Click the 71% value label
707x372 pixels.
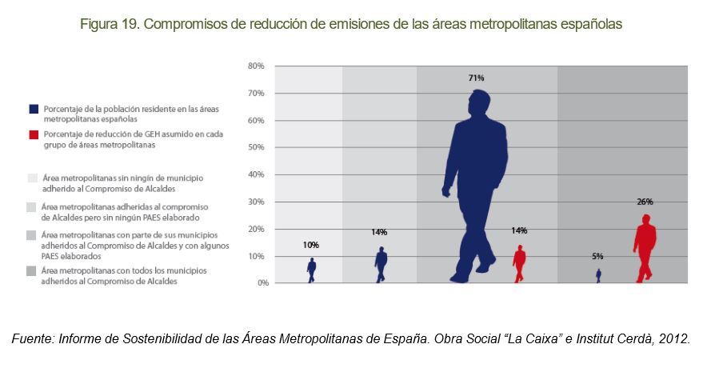pos(476,78)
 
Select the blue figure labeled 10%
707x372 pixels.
pos(311,270)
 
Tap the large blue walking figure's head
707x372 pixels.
pos(479,102)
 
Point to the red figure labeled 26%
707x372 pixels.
pos(645,248)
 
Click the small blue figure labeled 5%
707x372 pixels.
pos(597,275)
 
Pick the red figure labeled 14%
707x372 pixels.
pos(520,263)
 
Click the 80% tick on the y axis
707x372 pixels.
pos(256,66)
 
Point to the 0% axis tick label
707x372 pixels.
pos(258,283)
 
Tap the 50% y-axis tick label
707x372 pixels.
pos(256,147)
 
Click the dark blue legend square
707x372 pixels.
pos(33,109)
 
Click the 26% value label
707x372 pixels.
pos(645,202)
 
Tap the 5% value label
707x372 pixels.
pos(597,256)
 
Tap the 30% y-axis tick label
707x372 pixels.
pos(256,202)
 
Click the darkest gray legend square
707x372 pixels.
pos(33,272)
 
